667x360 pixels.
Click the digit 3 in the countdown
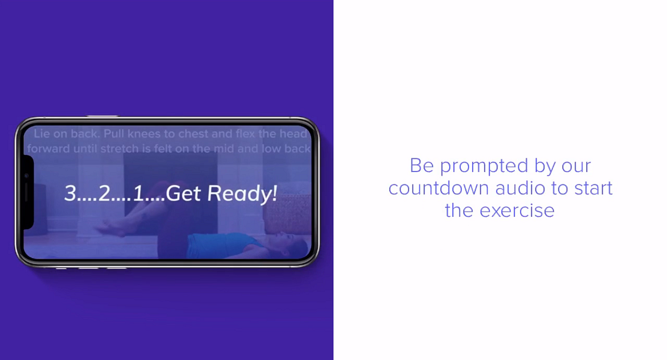click(70, 193)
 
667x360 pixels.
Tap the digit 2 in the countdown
click(104, 193)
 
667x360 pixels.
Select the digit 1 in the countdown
click(138, 193)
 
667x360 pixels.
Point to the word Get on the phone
click(183, 193)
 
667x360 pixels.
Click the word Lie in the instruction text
click(42, 133)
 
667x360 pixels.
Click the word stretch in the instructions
click(119, 149)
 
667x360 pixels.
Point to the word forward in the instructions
click(48, 149)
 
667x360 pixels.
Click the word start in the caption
click(593, 188)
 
